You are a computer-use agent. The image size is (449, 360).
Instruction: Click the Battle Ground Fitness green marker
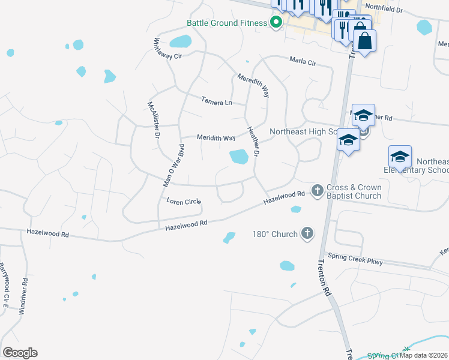pos(276,23)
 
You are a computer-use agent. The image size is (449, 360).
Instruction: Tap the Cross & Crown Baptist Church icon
pos(317,191)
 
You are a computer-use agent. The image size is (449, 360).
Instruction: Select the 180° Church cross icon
pos(307,233)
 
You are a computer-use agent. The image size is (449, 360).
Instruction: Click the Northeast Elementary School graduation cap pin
pos(400,157)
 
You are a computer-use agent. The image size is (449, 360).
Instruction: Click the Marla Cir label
pos(303,61)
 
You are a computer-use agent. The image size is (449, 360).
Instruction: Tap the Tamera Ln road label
pos(216,101)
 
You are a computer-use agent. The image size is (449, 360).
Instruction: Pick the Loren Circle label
pos(183,202)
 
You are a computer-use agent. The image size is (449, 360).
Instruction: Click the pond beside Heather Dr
pos(239,157)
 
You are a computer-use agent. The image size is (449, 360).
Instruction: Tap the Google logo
pos(20,353)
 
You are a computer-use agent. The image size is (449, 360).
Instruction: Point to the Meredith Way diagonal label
pos(253,86)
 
